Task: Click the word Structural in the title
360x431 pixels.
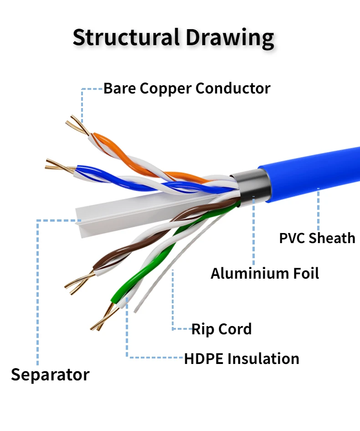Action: coord(126,37)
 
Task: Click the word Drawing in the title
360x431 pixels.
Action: coord(230,38)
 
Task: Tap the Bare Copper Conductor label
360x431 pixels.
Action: coord(187,88)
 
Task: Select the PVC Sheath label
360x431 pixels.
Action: coord(317,238)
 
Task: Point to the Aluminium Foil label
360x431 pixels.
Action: coord(265,274)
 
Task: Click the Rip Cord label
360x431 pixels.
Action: coord(221,329)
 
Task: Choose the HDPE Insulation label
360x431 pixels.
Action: coord(242,358)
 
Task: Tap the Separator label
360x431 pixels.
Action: coord(50,374)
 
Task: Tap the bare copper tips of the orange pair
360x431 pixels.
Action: coord(77,125)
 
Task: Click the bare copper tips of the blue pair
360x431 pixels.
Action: coord(60,166)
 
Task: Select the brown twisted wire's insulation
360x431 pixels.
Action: coord(154,236)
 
